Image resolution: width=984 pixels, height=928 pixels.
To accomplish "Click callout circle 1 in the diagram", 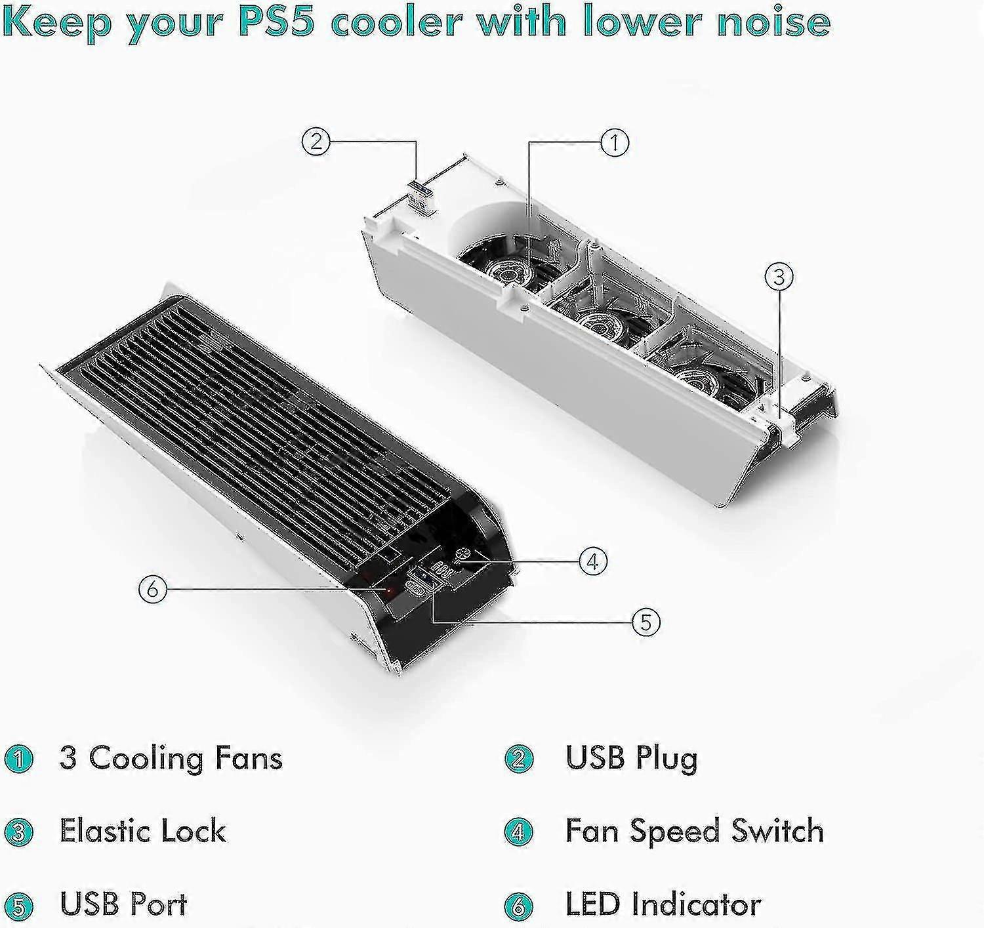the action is (615, 143).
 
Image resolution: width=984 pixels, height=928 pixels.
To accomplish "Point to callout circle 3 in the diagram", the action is (779, 277).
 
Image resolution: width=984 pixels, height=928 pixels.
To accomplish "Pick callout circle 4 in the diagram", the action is (593, 562).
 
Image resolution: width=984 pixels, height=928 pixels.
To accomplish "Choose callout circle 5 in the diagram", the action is (646, 622).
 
